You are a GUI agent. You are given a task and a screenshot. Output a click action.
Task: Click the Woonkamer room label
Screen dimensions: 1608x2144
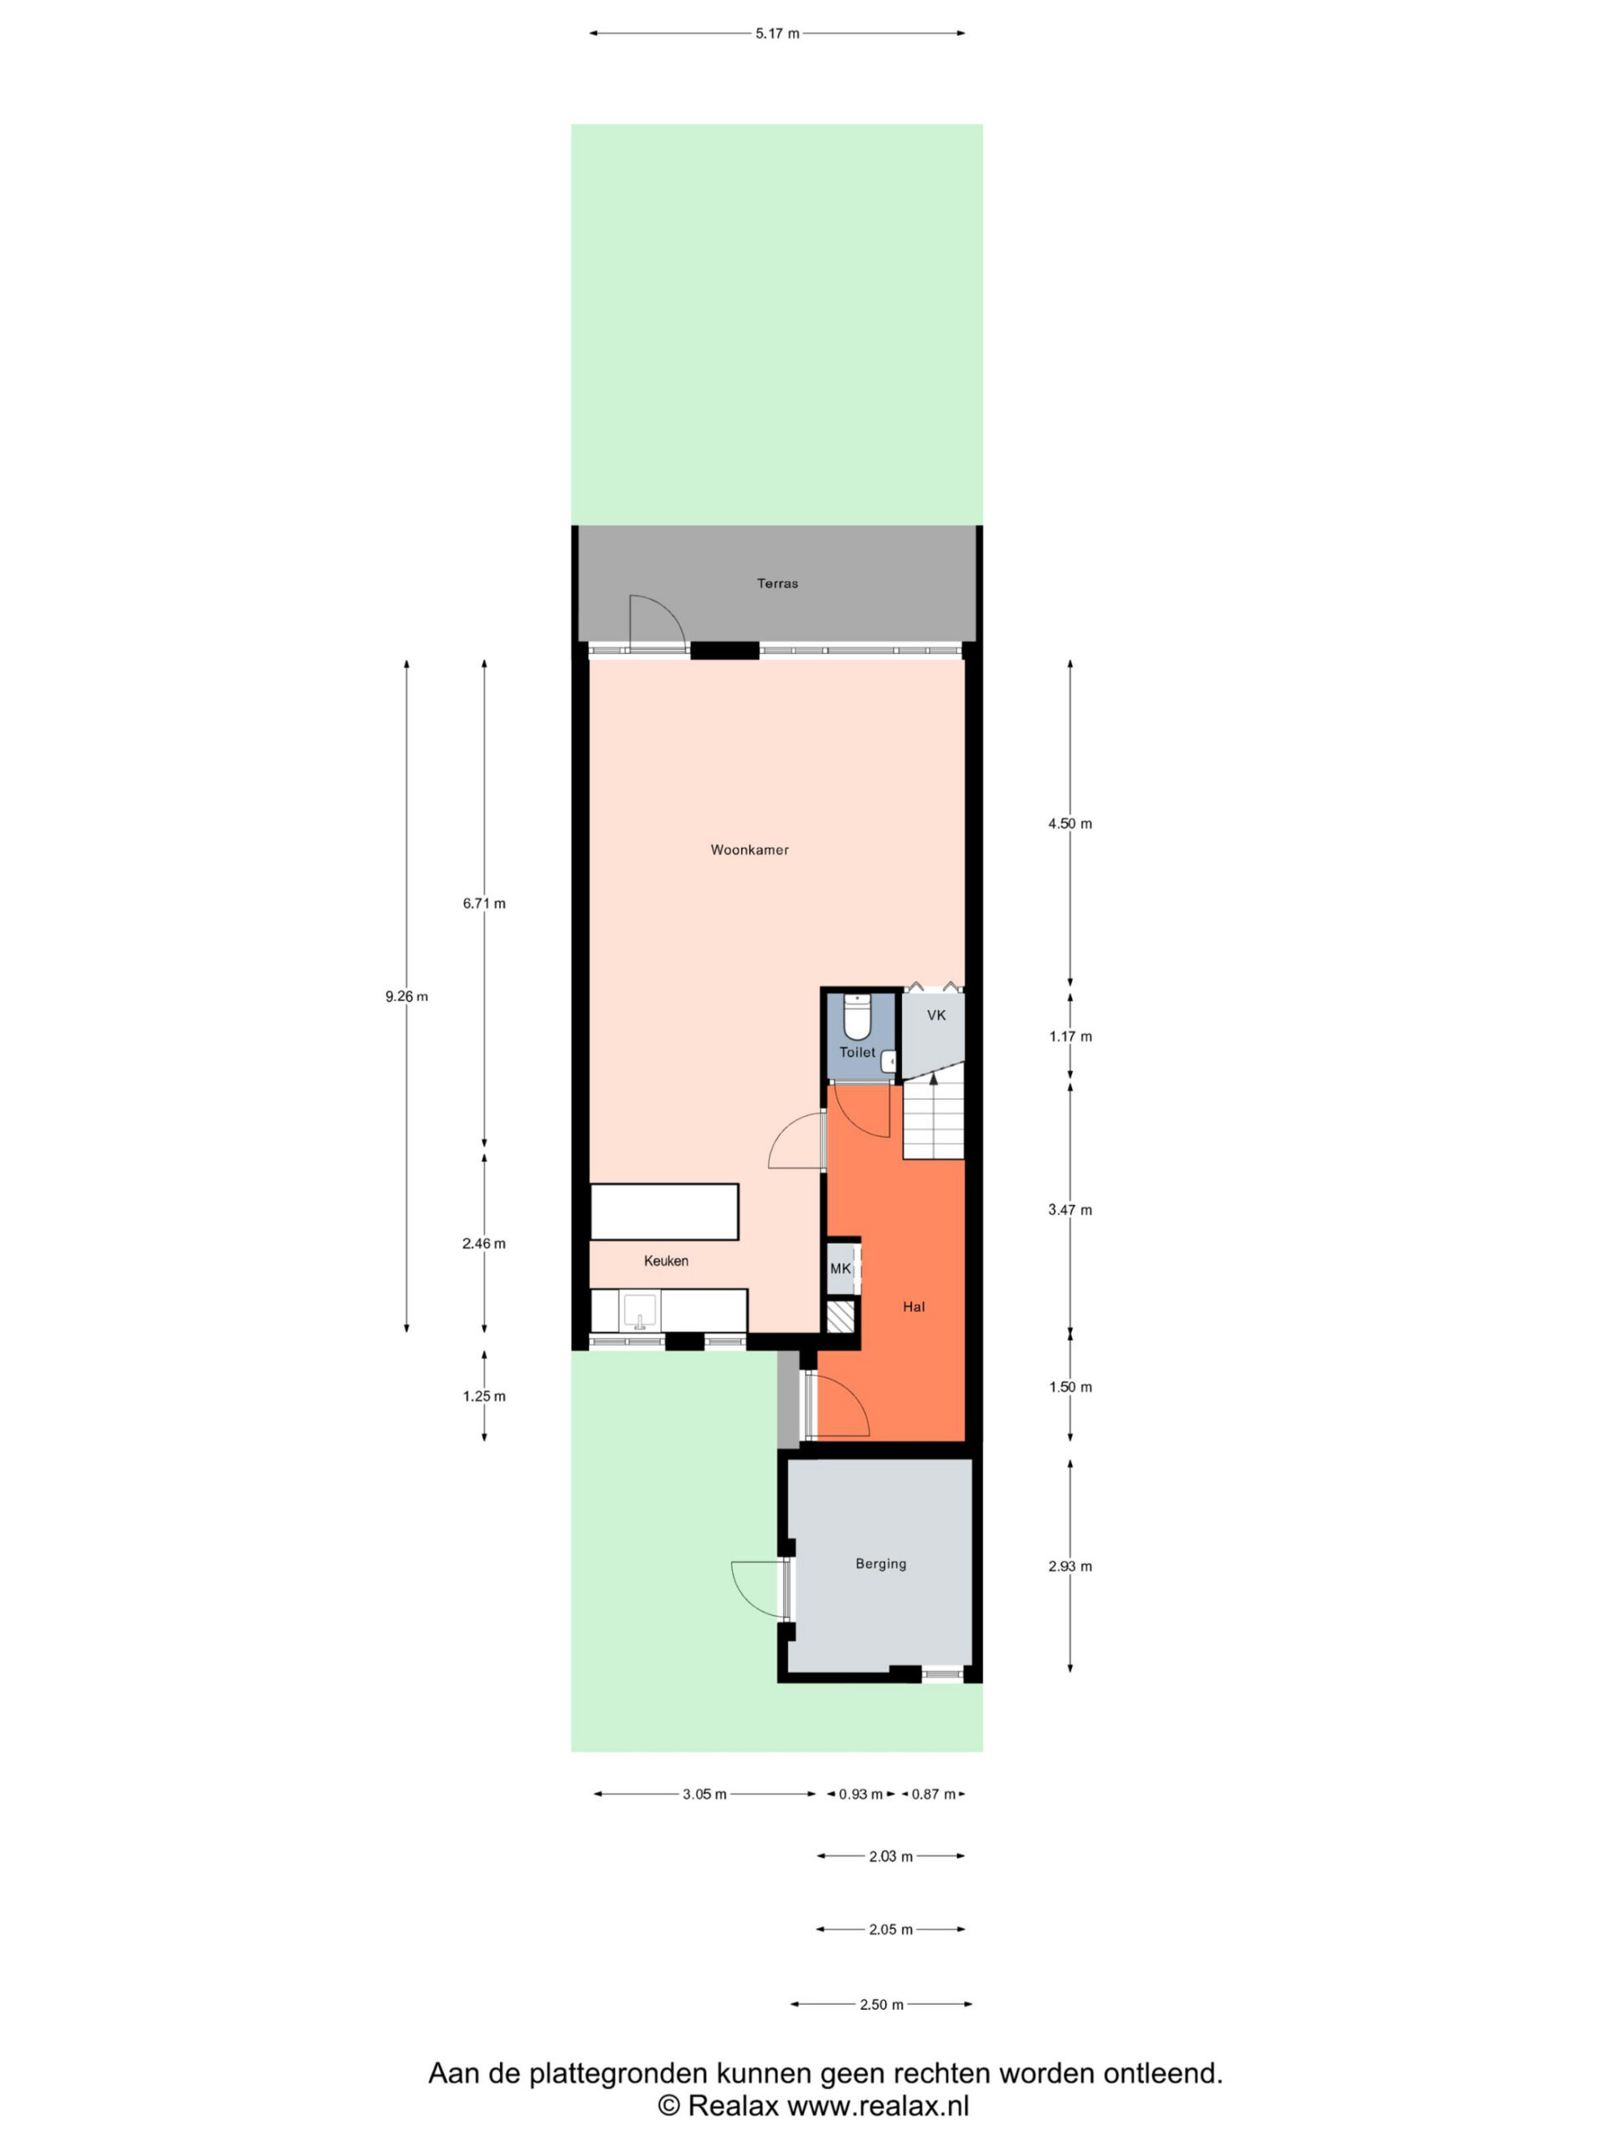(x=750, y=850)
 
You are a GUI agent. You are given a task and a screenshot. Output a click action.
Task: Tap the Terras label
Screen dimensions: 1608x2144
(x=777, y=584)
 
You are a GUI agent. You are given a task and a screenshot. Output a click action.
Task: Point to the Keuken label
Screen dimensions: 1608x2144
(x=666, y=1261)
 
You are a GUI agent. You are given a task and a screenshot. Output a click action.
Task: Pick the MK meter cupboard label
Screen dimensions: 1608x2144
(x=840, y=1269)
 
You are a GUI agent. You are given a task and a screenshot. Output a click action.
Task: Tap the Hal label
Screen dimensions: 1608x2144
(x=913, y=1306)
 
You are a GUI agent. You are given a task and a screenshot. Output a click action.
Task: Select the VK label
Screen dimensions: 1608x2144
(x=935, y=1015)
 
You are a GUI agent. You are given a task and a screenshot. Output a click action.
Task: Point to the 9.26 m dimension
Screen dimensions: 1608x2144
(x=406, y=997)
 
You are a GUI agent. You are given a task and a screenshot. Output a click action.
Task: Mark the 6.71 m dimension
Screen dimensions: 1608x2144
(x=484, y=904)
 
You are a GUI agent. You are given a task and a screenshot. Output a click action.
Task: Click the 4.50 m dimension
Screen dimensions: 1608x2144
(x=1069, y=824)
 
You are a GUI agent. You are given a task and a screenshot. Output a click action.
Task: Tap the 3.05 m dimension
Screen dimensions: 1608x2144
(x=703, y=1794)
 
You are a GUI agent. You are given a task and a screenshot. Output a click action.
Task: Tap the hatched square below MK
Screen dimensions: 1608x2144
(x=840, y=1319)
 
